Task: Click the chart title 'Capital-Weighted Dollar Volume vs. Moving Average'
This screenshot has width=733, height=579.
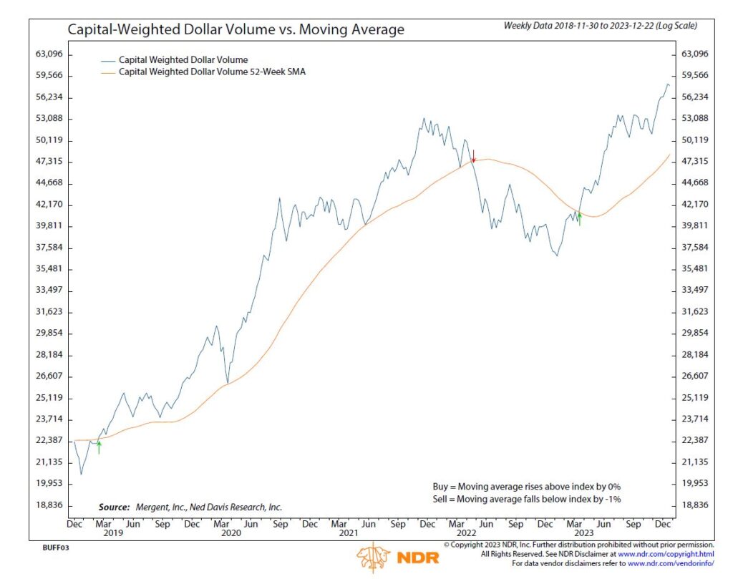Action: [236, 30]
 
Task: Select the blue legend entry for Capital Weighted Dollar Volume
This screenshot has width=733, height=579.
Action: [183, 59]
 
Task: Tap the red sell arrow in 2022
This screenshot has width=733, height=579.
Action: [473, 156]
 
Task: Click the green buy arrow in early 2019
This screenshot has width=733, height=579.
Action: [99, 447]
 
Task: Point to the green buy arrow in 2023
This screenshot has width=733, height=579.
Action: [579, 219]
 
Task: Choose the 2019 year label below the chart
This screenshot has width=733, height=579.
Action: [114, 532]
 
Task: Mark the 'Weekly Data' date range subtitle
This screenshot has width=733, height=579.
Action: [600, 26]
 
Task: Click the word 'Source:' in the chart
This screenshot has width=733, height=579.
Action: [110, 507]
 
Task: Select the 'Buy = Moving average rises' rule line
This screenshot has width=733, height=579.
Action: [526, 486]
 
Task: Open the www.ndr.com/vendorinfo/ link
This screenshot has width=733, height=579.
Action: [671, 564]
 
